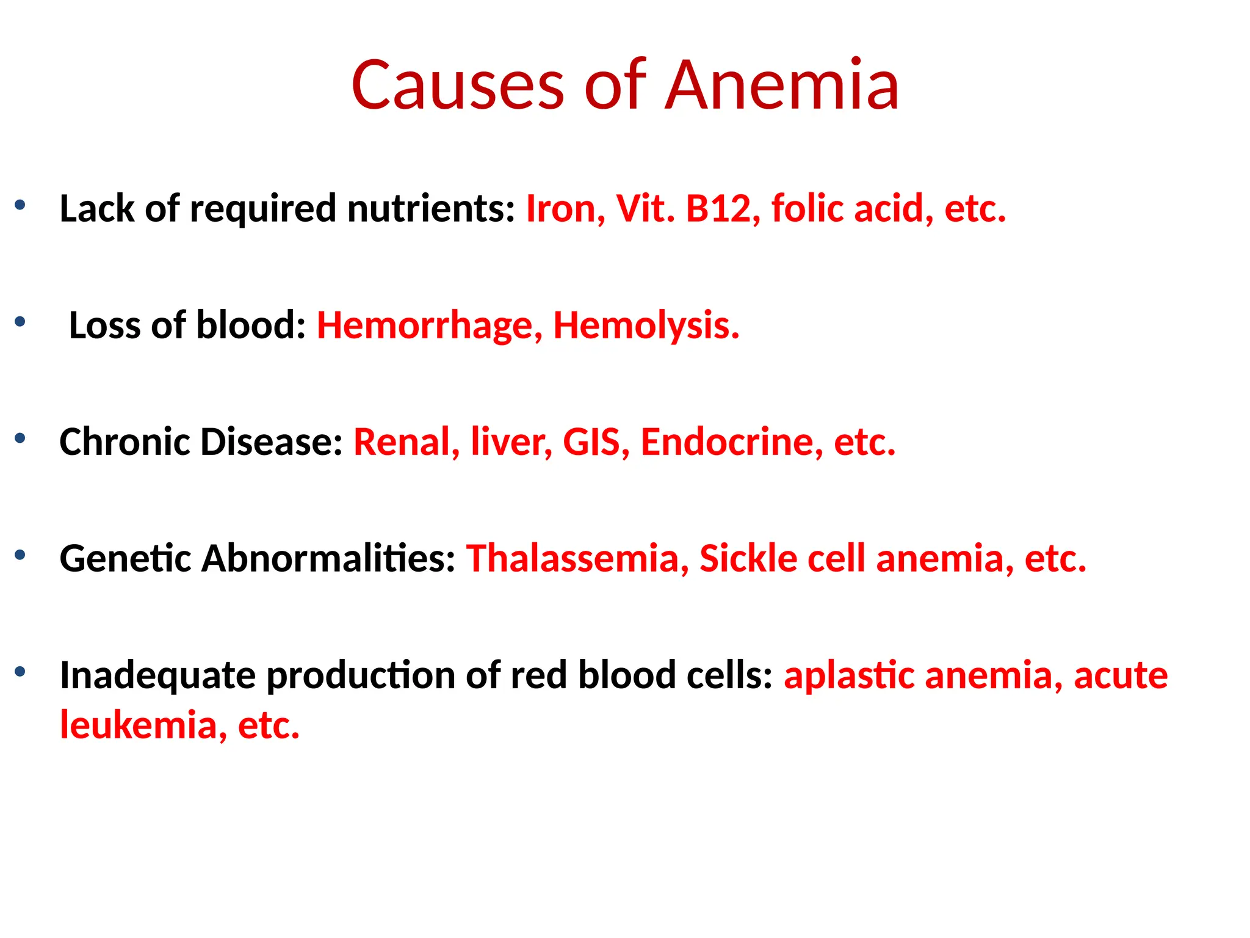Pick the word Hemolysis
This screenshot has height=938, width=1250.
(x=646, y=325)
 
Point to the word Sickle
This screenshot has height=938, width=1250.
(x=748, y=558)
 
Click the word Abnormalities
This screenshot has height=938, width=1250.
(x=328, y=558)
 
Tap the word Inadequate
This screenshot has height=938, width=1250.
(x=157, y=675)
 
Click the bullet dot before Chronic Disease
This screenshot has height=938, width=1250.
(x=20, y=437)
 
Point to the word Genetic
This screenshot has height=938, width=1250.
(x=125, y=558)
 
